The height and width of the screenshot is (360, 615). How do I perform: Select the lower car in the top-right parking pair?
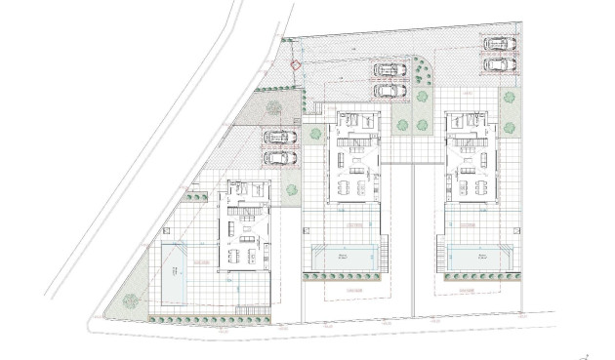click(499, 64)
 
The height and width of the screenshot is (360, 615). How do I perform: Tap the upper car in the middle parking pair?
click(389, 70)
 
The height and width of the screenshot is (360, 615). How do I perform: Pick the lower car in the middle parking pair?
click(389, 90)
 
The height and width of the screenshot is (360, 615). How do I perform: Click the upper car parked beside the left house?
click(280, 138)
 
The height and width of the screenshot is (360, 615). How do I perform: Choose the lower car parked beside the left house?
click(280, 157)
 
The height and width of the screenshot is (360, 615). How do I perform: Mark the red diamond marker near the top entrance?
click(297, 65)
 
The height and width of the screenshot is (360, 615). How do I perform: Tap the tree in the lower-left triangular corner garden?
click(131, 301)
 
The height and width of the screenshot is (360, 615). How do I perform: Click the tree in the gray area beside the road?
click(274, 105)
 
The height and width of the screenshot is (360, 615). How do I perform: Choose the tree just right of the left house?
click(291, 190)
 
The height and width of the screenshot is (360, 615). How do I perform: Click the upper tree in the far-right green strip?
click(509, 98)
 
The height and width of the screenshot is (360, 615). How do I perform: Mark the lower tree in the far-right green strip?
click(509, 127)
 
